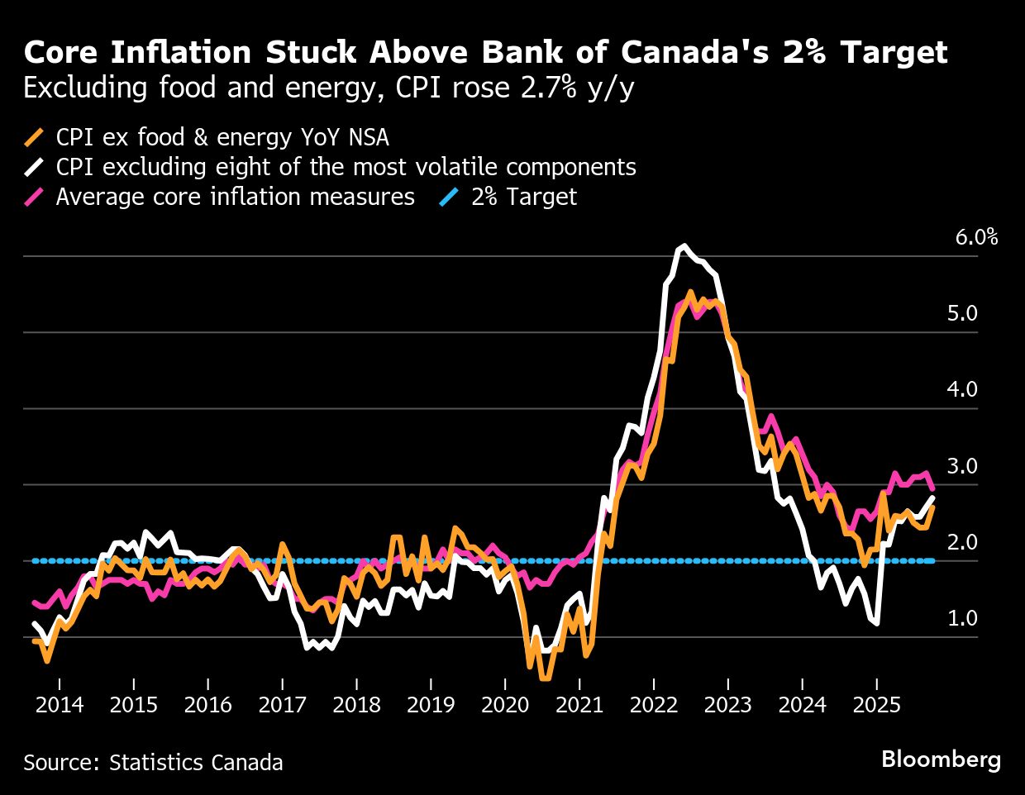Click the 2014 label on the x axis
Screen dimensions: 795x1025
click(60, 705)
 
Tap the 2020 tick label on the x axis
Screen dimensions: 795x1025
click(505, 705)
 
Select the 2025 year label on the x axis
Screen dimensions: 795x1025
click(876, 705)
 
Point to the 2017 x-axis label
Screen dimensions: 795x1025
click(282, 705)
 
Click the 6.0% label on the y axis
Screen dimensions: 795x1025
click(976, 238)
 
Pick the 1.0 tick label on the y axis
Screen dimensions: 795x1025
click(962, 618)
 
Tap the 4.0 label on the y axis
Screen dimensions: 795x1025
click(962, 389)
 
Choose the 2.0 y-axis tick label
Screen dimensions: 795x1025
click(962, 542)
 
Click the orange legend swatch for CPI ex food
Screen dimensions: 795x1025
click(34, 137)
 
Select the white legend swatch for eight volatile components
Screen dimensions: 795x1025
click(34, 167)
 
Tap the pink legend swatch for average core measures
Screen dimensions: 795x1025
click(34, 197)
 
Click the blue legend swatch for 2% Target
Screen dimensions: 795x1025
click(450, 197)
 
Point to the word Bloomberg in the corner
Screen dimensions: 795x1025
click(941, 759)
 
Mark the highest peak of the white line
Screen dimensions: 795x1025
click(683, 246)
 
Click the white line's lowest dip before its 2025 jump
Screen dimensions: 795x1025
click(875, 623)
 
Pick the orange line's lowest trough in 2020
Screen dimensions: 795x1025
click(545, 678)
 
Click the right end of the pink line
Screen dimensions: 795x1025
click(932, 489)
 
